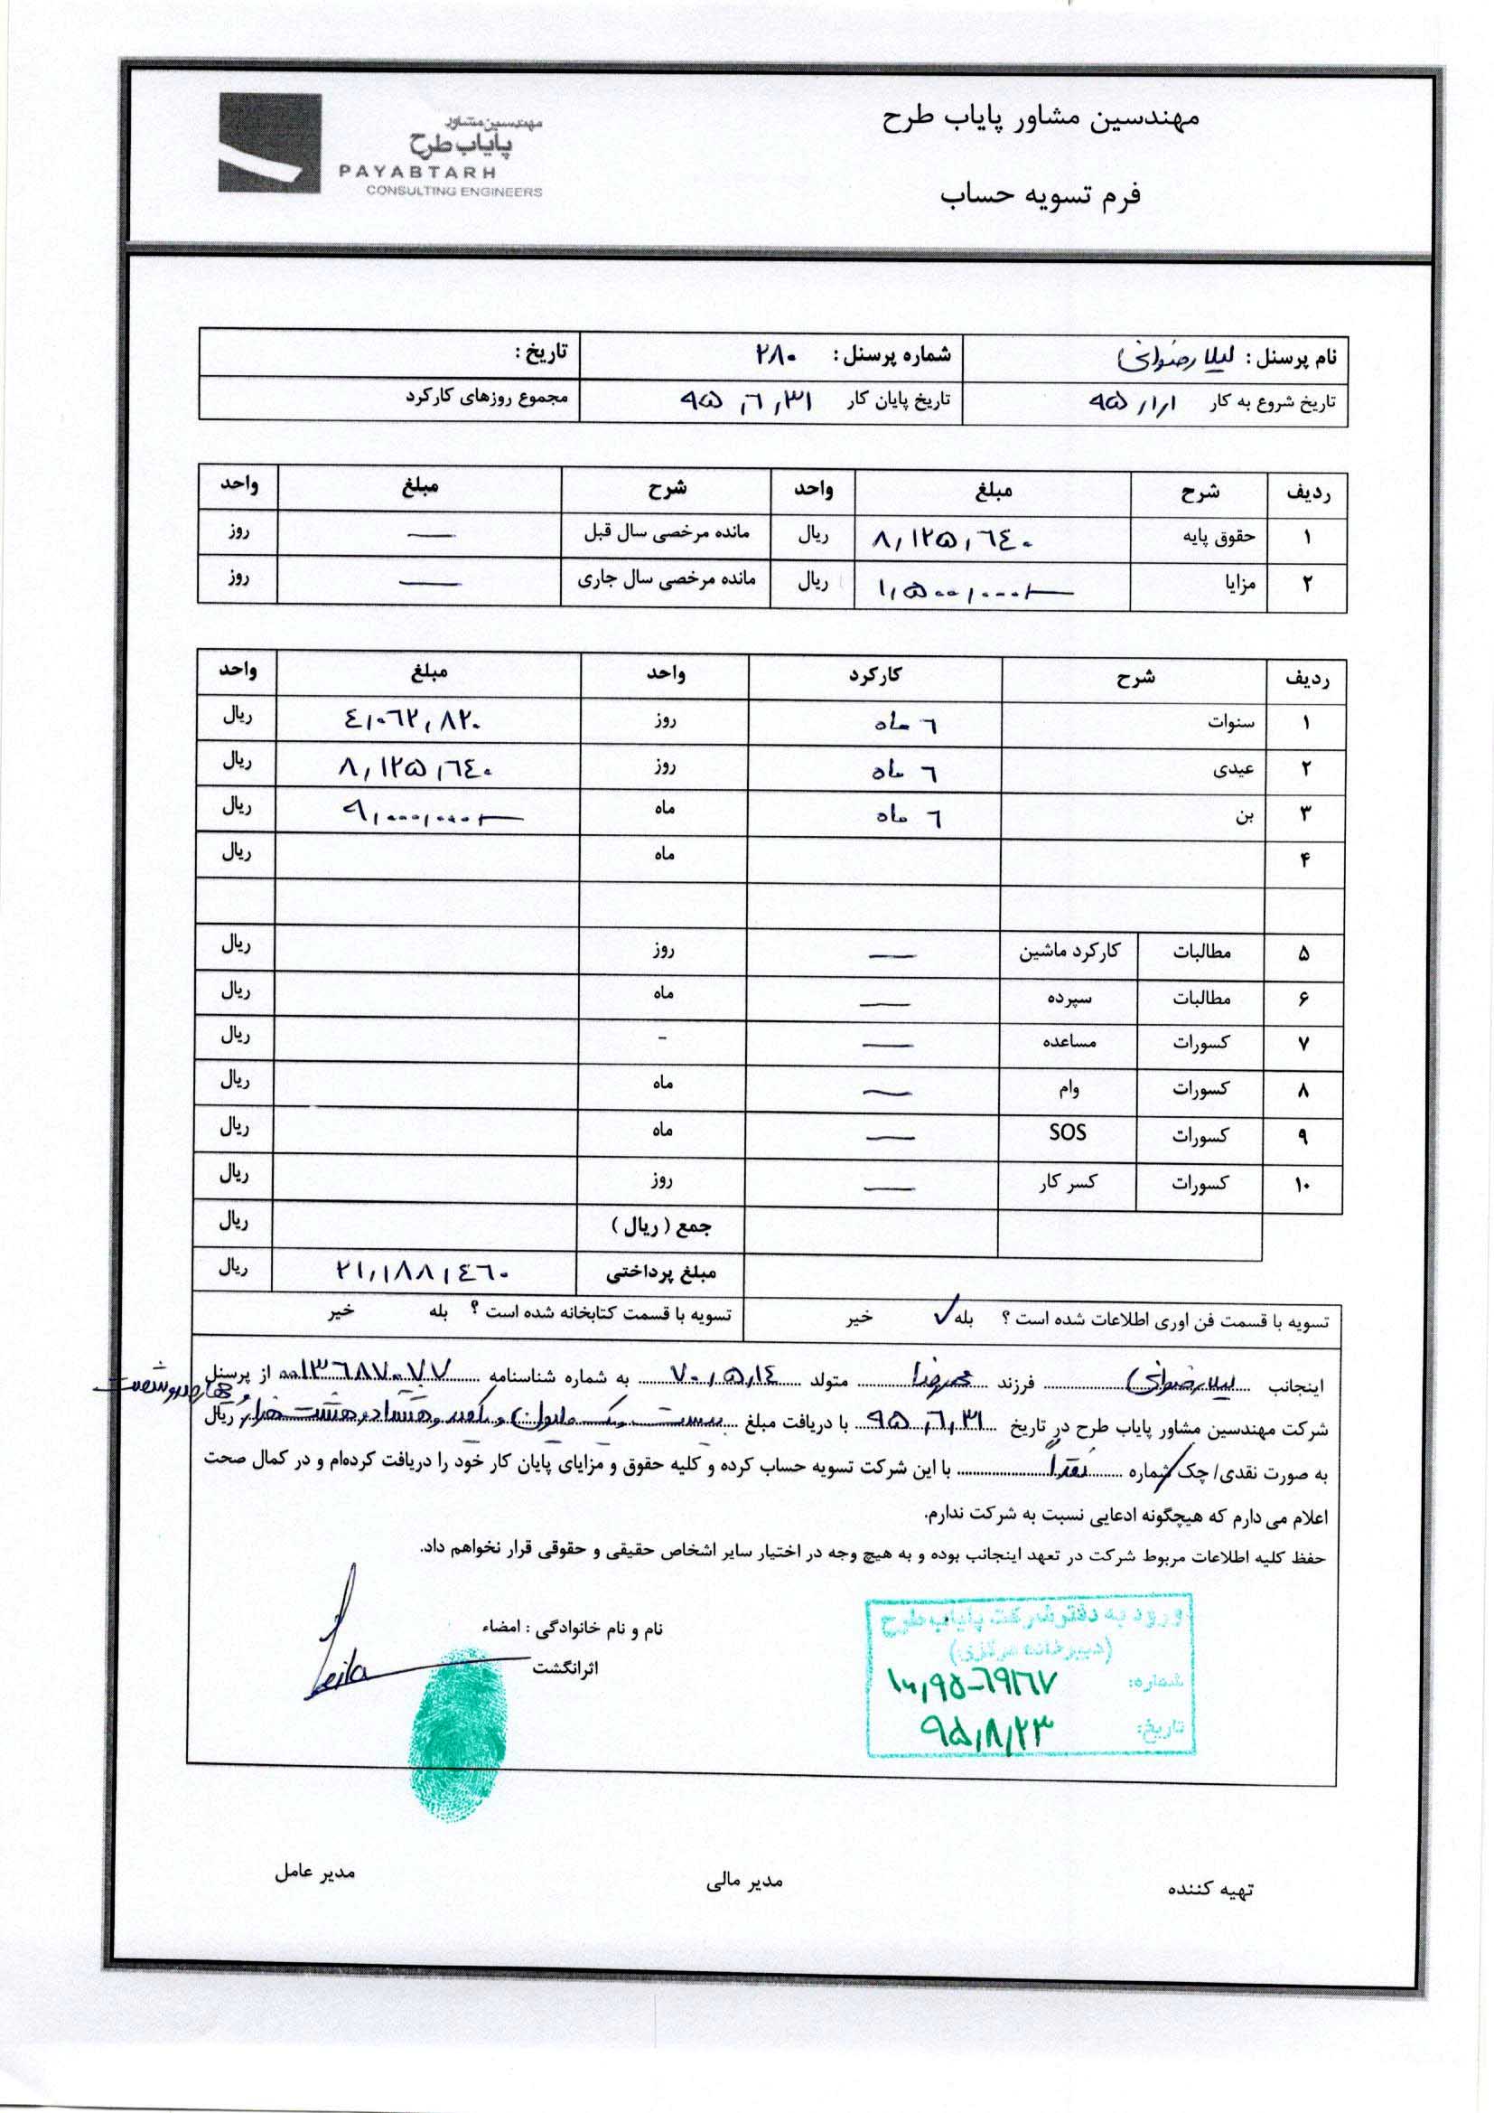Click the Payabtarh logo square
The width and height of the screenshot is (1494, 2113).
(269, 144)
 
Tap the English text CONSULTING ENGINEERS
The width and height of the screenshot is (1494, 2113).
(453, 192)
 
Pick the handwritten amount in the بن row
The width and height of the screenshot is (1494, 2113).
(428, 813)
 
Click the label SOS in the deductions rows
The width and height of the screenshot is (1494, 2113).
(1067, 1132)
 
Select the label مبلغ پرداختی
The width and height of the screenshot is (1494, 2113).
(660, 1273)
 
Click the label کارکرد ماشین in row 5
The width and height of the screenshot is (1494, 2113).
(1069, 951)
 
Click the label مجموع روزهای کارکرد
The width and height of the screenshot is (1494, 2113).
(488, 398)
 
